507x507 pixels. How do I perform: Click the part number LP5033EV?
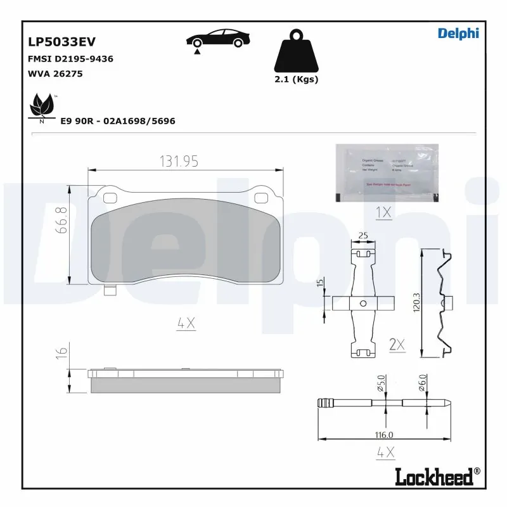pyautogui.click(x=61, y=42)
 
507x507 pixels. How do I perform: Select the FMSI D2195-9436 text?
pyautogui.click(x=70, y=59)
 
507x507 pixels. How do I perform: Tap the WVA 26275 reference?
pyautogui.click(x=55, y=74)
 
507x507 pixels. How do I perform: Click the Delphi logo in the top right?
pyautogui.click(x=458, y=34)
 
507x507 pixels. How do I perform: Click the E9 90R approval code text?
pyautogui.click(x=117, y=120)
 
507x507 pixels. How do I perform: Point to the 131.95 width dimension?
pyautogui.click(x=178, y=162)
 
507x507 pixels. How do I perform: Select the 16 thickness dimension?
pyautogui.click(x=61, y=353)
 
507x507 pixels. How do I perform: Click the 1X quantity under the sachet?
pyautogui.click(x=383, y=212)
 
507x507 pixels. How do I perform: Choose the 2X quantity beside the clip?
pyautogui.click(x=397, y=344)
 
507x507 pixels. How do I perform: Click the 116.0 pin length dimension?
pyautogui.click(x=384, y=435)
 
